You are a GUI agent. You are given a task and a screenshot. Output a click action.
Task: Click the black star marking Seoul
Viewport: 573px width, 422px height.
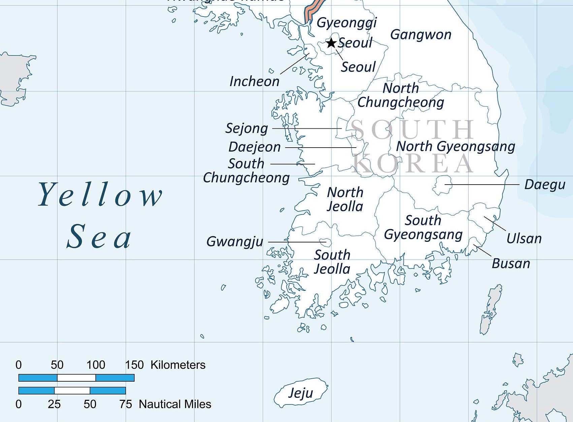pyautogui.click(x=331, y=43)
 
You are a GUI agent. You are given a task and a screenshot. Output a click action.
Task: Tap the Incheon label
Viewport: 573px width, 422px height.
pyautogui.click(x=254, y=81)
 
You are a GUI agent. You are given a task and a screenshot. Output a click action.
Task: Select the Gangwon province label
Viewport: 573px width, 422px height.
pyautogui.click(x=421, y=35)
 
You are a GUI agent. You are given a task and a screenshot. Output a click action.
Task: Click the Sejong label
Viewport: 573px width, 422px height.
pyautogui.click(x=247, y=128)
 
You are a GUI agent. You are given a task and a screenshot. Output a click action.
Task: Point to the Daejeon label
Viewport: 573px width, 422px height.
pyautogui.click(x=254, y=147)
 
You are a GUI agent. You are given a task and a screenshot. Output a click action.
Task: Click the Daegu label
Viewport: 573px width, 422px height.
pyautogui.click(x=544, y=185)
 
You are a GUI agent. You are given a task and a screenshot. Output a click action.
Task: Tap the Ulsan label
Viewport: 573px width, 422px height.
pyautogui.click(x=524, y=239)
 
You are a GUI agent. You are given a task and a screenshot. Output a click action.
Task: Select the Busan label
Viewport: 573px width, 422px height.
pyautogui.click(x=511, y=264)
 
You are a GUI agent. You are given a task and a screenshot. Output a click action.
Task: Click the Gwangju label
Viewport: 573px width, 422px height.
pyautogui.click(x=235, y=242)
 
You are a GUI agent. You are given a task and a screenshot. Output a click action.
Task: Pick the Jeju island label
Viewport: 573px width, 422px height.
pyautogui.click(x=300, y=393)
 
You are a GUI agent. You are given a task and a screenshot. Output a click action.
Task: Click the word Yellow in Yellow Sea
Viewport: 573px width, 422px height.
pyautogui.click(x=100, y=195)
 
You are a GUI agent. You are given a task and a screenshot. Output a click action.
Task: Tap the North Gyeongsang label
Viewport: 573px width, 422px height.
pyautogui.click(x=455, y=146)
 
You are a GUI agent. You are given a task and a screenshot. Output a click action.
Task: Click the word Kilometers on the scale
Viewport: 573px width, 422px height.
pyautogui.click(x=178, y=365)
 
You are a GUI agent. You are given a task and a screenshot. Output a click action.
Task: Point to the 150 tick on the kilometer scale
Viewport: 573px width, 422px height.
pyautogui.click(x=134, y=365)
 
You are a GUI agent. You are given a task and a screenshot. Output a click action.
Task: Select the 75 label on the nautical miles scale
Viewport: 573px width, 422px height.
pyautogui.click(x=126, y=404)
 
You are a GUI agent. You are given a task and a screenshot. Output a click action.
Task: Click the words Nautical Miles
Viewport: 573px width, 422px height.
pyautogui.click(x=175, y=404)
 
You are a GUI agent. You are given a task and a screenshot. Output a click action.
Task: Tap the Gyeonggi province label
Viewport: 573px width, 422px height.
pyautogui.click(x=347, y=23)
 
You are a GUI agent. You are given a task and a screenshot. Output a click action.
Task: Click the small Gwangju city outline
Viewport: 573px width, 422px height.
pyautogui.click(x=325, y=242)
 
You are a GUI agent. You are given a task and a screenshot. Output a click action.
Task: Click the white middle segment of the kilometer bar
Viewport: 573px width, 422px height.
pyautogui.click(x=76, y=378)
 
